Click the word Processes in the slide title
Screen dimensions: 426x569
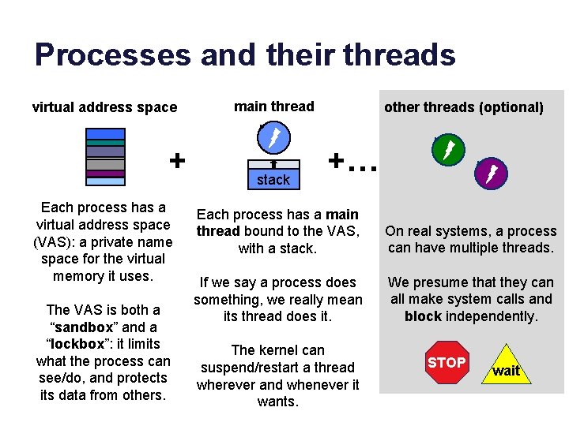pos(112,55)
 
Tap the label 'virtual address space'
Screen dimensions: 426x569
pos(104,107)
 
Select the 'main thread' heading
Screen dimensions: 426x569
pos(273,106)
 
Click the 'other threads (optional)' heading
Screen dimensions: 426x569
pos(464,107)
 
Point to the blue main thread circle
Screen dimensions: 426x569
pos(273,140)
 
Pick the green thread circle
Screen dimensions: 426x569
pos(449,151)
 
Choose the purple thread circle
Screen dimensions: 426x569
pos(491,174)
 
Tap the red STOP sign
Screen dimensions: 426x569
pos(447,363)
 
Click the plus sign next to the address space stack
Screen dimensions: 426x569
pos(177,160)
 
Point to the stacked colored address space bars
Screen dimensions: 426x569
pos(106,155)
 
